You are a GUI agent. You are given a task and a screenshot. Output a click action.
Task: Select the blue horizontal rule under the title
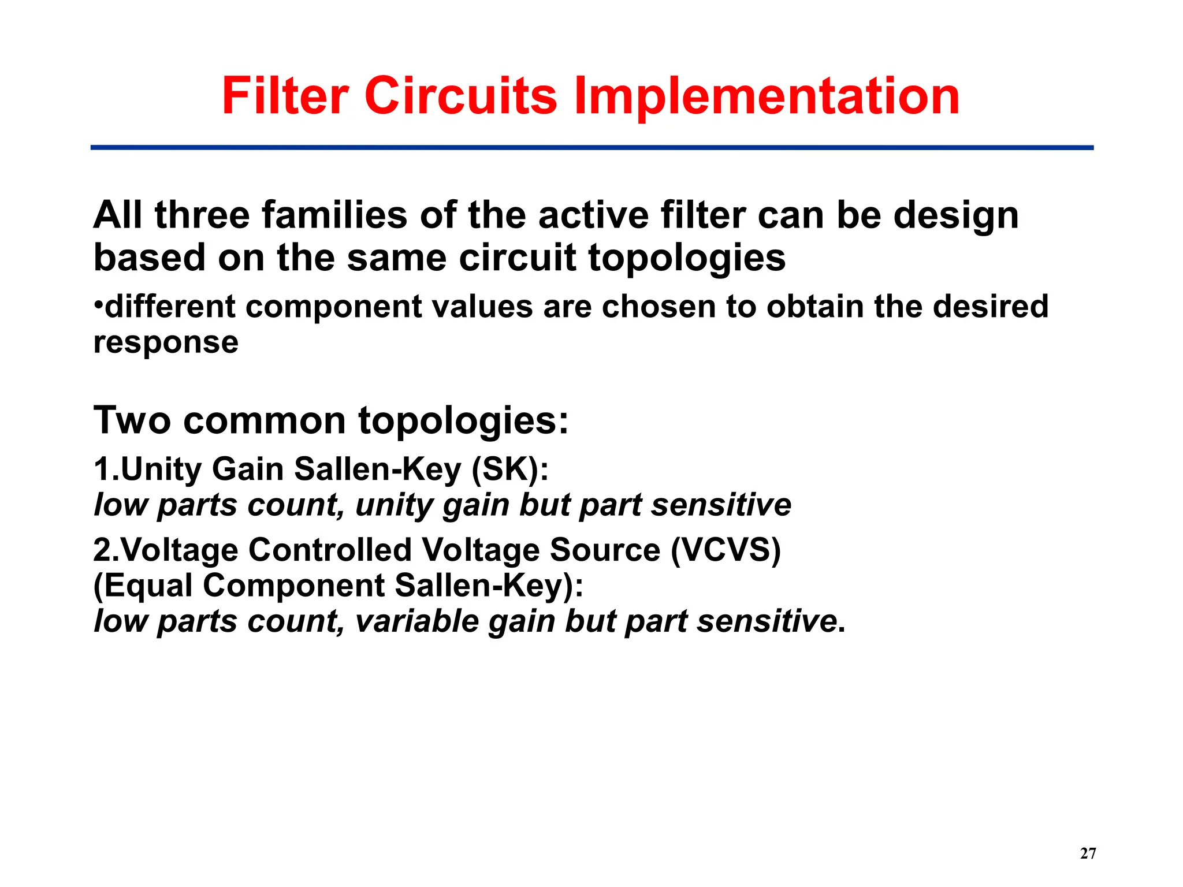(x=591, y=148)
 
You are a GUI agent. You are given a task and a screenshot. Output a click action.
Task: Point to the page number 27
(x=1088, y=854)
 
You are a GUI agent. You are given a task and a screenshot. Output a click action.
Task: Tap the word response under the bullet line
(x=166, y=343)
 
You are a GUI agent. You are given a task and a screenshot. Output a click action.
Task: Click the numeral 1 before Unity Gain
(x=101, y=469)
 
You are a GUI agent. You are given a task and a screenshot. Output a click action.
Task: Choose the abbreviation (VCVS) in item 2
(x=726, y=550)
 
